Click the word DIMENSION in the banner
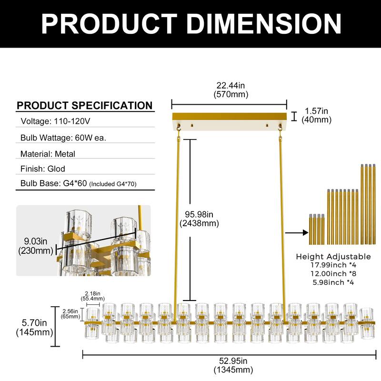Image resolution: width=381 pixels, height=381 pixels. pyautogui.click(x=264, y=23)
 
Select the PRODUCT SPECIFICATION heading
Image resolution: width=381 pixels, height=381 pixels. pyautogui.click(x=85, y=105)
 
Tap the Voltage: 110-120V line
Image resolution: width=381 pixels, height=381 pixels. pyautogui.click(x=55, y=121)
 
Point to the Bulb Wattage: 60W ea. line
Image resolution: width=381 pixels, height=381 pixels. pyautogui.click(x=63, y=138)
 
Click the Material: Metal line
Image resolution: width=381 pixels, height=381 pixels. pyautogui.click(x=48, y=154)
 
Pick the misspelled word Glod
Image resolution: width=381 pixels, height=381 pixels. pyautogui.click(x=56, y=169)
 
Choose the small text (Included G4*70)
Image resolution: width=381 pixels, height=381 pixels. pyautogui.click(x=113, y=184)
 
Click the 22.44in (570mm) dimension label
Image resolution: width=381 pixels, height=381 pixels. pyautogui.click(x=231, y=90)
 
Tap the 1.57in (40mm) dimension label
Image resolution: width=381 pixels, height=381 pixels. pyautogui.click(x=316, y=115)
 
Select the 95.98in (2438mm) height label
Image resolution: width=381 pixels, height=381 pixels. pyautogui.click(x=199, y=219)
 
